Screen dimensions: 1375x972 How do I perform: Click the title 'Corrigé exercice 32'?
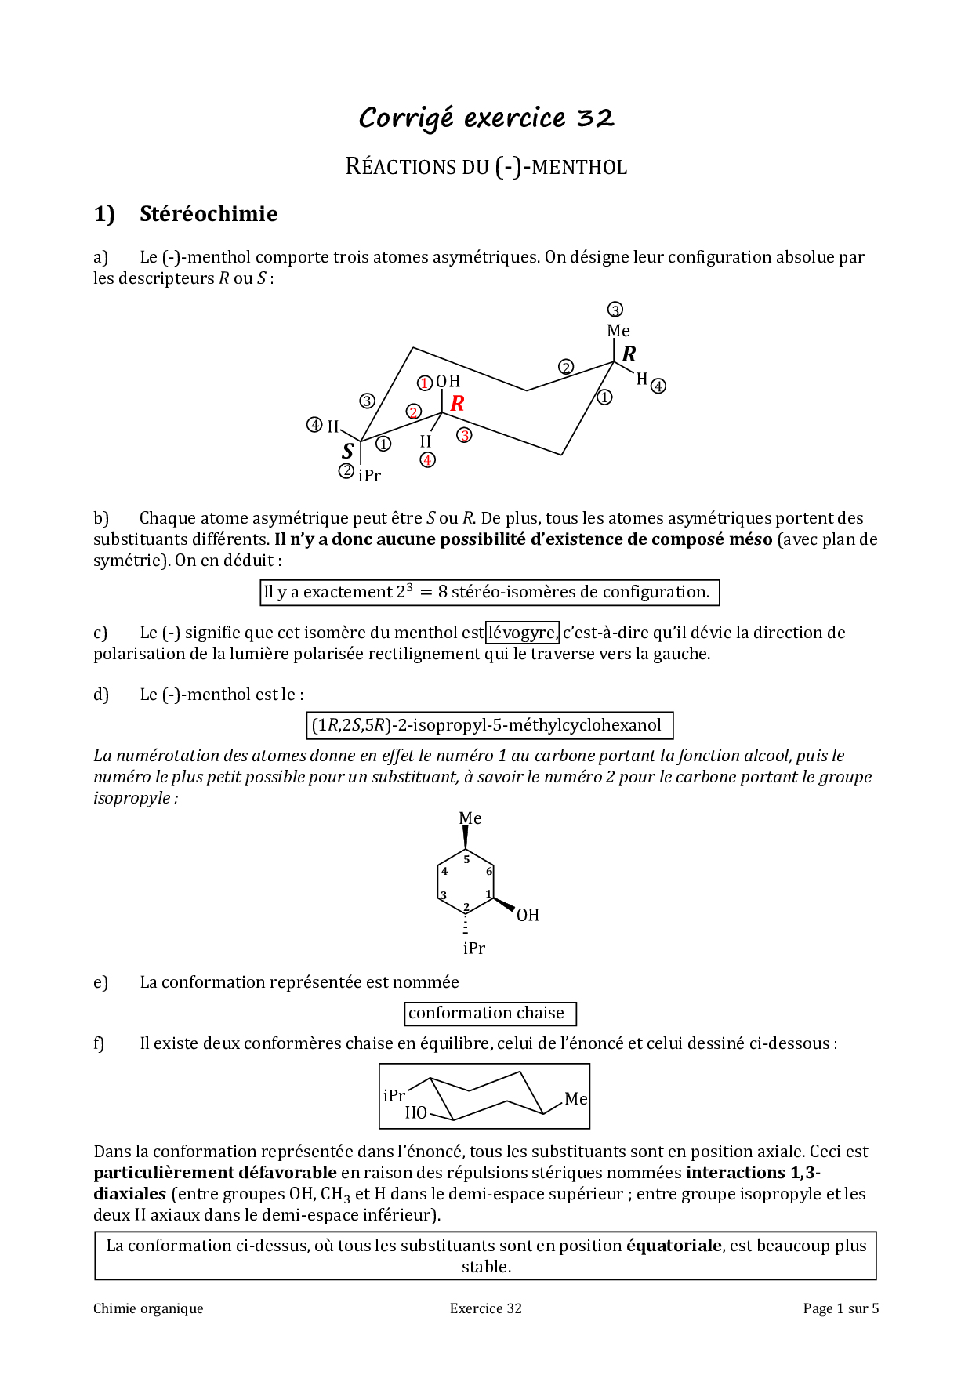point(486,118)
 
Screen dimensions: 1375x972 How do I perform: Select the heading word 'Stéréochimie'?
point(209,214)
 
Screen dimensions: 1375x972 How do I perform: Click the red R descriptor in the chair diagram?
point(457,403)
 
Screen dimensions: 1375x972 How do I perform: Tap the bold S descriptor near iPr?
point(348,451)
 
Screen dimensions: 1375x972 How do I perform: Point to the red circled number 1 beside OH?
point(424,383)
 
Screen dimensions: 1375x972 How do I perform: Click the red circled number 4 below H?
point(427,460)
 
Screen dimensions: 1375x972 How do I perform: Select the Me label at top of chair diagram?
point(618,331)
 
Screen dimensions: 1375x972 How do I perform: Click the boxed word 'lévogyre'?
point(522,632)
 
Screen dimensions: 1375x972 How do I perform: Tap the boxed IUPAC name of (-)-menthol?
point(488,725)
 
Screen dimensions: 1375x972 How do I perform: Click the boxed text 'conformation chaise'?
point(489,1013)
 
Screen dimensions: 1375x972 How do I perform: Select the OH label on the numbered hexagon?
point(528,915)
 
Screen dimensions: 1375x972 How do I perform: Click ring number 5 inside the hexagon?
point(466,860)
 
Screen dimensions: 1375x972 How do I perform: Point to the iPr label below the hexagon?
point(473,949)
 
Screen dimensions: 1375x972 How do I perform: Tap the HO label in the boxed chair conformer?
point(415,1112)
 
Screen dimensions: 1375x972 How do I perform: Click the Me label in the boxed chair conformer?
point(575,1099)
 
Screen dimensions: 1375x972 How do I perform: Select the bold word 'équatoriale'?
point(673,1246)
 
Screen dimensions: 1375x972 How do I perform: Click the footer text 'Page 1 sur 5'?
point(840,1308)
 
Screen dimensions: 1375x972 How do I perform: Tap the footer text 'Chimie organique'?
point(148,1308)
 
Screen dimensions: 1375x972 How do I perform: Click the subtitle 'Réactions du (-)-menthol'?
point(486,167)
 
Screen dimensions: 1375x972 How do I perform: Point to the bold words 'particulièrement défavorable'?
point(215,1173)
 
